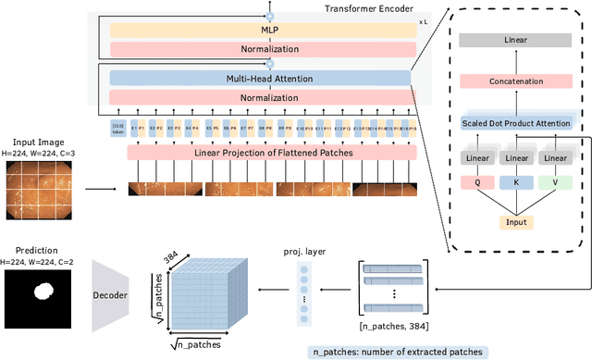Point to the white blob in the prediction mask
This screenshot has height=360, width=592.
42,294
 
